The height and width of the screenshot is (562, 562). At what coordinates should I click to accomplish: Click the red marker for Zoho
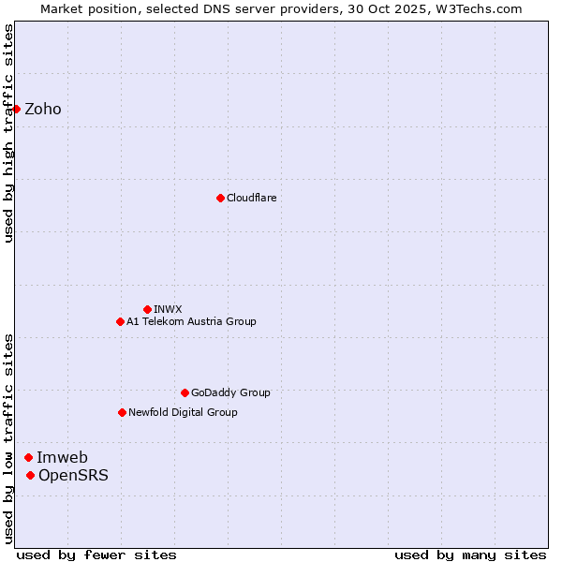tap(17, 109)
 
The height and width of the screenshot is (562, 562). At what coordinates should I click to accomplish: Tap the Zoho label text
tap(43, 110)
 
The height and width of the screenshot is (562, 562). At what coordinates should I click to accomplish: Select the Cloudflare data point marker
tap(220, 198)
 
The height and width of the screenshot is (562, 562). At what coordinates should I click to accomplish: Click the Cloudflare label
tap(251, 199)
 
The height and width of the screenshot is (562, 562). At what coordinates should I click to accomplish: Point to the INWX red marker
tap(147, 309)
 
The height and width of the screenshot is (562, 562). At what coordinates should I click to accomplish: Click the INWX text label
tap(168, 310)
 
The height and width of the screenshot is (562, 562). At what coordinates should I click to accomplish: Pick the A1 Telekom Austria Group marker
tap(120, 321)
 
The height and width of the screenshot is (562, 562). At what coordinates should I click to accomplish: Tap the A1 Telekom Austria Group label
tap(191, 322)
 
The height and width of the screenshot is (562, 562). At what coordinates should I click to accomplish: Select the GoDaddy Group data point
tap(185, 392)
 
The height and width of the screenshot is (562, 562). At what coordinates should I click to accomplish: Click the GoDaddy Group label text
tap(229, 393)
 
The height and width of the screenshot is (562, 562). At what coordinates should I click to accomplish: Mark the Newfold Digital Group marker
tap(122, 412)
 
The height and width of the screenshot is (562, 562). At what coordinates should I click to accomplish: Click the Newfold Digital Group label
tap(183, 413)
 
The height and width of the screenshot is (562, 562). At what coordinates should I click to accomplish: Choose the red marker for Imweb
tap(28, 457)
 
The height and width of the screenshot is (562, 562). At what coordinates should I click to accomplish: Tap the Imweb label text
tap(62, 458)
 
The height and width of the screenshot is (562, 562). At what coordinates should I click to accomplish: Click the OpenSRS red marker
tap(30, 475)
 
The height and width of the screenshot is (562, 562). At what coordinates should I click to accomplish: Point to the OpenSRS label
tap(73, 476)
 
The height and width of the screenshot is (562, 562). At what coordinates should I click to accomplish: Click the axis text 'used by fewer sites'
tap(96, 555)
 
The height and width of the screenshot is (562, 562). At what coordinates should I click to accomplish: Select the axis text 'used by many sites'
tap(470, 555)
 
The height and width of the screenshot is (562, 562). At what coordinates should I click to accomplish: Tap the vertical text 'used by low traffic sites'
tap(9, 438)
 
